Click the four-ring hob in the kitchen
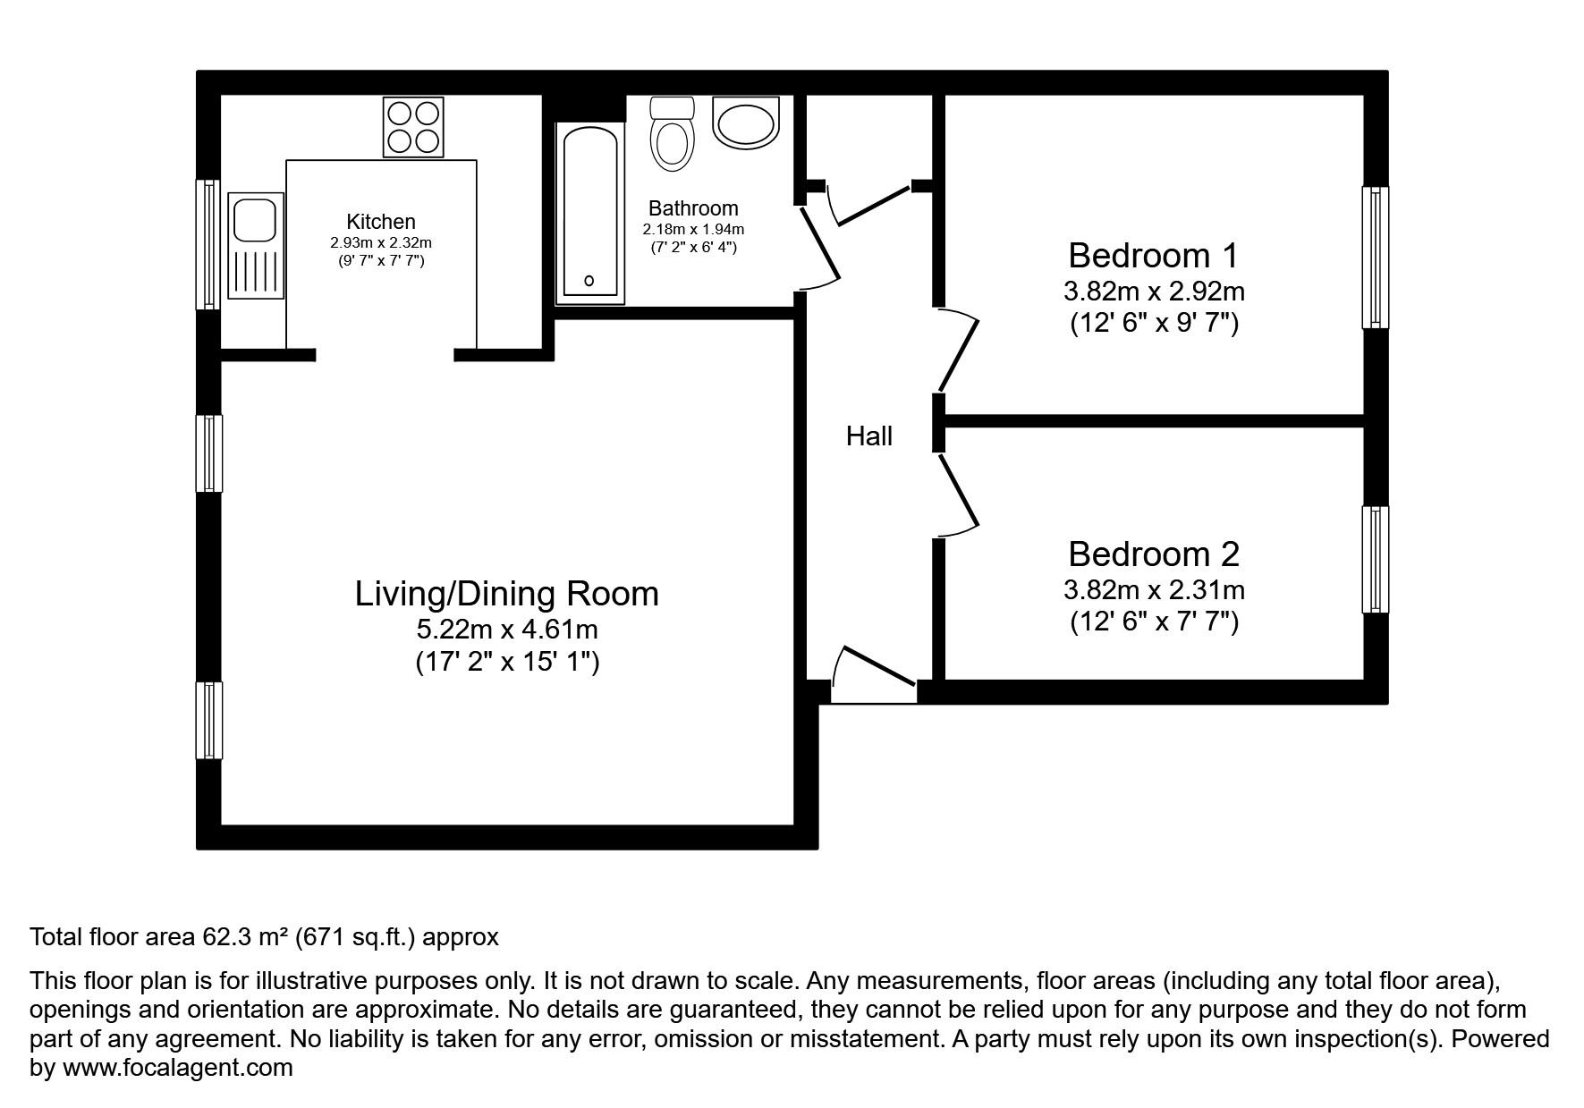point(413,126)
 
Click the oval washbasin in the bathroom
point(747,123)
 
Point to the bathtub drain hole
point(589,281)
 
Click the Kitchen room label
point(381,222)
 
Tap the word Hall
point(869,436)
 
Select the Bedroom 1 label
point(1153,256)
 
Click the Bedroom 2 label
point(1153,554)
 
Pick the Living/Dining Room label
point(506,594)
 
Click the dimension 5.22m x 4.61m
point(506,630)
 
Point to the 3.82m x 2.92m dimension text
point(1153,292)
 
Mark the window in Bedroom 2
point(1375,560)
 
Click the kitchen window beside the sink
point(208,244)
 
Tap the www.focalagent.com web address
point(177,1068)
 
